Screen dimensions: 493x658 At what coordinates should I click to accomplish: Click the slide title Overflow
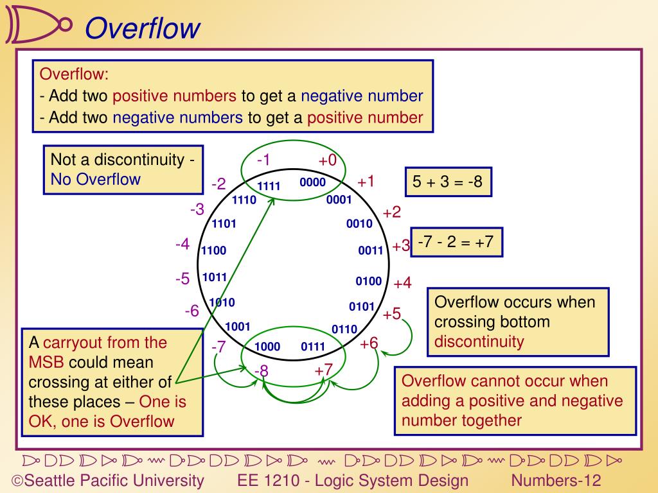click(x=142, y=28)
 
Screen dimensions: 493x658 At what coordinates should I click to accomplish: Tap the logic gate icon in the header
click(x=38, y=24)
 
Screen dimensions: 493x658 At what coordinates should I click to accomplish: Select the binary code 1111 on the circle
click(x=269, y=187)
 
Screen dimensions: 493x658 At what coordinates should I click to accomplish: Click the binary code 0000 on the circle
click(x=312, y=182)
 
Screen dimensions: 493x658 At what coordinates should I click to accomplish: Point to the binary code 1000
click(x=267, y=347)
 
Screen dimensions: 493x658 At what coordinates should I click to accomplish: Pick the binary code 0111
click(x=313, y=347)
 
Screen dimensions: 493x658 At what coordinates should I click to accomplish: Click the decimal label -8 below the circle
click(x=261, y=371)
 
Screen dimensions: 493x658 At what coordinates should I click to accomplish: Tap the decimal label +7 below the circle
click(x=323, y=370)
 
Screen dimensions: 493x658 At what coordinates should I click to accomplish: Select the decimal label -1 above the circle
click(x=263, y=160)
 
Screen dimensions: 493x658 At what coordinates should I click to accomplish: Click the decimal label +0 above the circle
click(x=327, y=160)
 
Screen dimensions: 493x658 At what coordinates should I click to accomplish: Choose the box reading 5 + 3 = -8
click(x=448, y=182)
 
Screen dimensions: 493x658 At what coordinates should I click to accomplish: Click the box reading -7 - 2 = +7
click(x=456, y=242)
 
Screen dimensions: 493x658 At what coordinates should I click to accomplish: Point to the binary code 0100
click(x=369, y=281)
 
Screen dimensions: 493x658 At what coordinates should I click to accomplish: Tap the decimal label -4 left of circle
click(x=182, y=245)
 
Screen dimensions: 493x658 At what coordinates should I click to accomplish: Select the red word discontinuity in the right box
click(x=479, y=341)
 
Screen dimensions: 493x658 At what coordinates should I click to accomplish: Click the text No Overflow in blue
click(x=95, y=179)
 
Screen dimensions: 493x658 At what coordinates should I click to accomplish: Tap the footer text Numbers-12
click(x=556, y=481)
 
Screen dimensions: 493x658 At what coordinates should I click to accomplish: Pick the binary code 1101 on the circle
click(x=224, y=224)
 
